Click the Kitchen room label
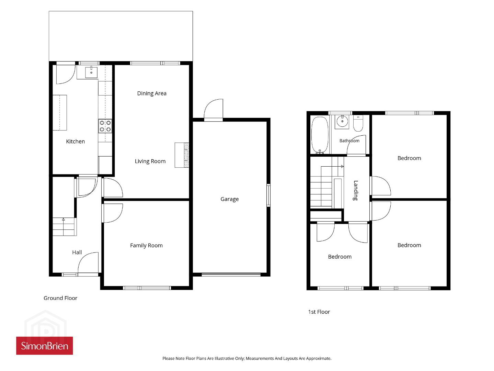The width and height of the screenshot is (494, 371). coord(76,142)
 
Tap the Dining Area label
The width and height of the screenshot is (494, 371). coord(152,93)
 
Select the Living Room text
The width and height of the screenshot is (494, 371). coord(150,161)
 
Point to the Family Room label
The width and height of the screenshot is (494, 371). coord(146,246)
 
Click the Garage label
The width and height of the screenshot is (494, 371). coord(230,199)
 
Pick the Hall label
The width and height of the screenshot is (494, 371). coord(77,252)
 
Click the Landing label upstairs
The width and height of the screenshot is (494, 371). coord(356,190)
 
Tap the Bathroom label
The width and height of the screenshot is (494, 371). coord(349,141)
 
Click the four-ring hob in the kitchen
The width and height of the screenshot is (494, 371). coord(105,126)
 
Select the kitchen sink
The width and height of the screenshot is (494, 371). coord(91,72)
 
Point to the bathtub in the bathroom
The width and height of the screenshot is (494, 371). coord(320,135)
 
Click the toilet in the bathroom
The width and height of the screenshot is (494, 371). coord(358,123)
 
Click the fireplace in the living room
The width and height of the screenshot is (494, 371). coord(182,155)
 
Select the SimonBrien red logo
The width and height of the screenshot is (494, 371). coord(45,346)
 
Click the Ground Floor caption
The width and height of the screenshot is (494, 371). coord(60,298)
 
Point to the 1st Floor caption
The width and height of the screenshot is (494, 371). coord(319,312)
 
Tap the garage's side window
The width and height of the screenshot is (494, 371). coord(268,195)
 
